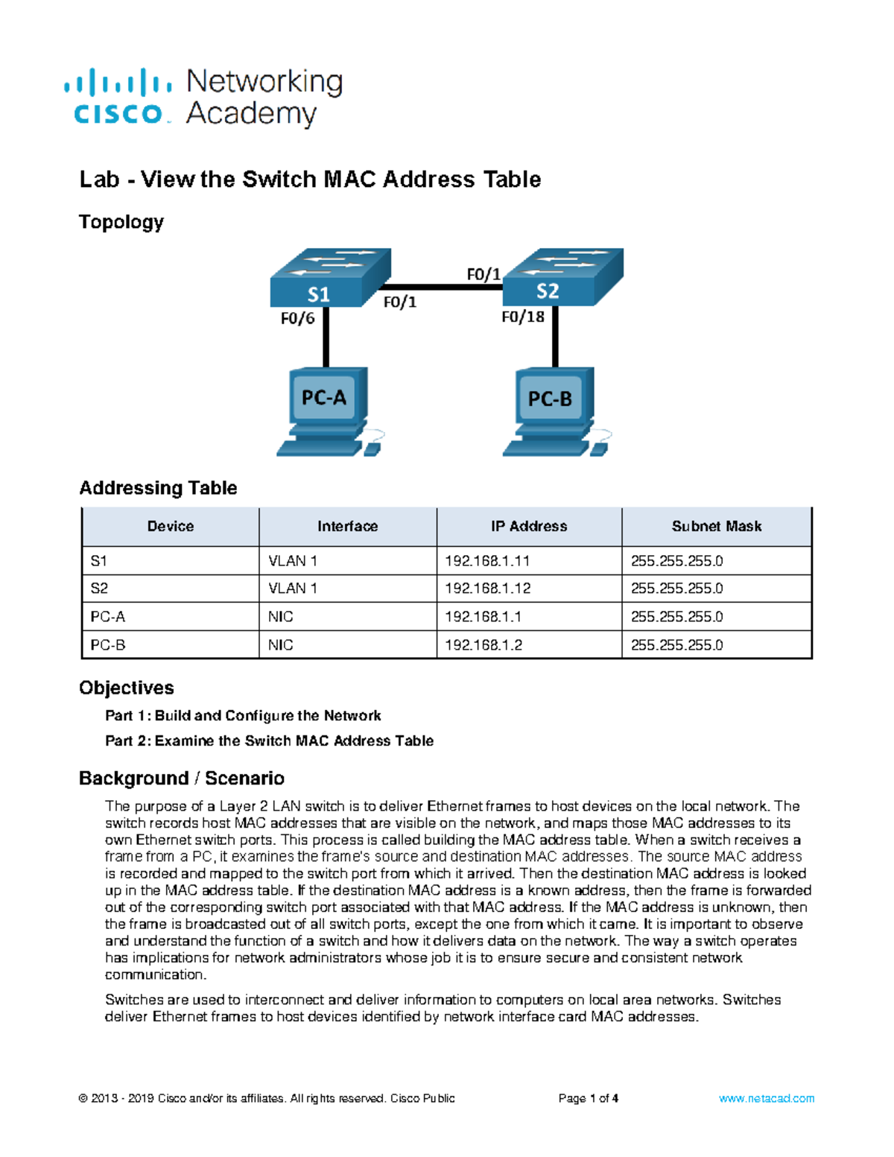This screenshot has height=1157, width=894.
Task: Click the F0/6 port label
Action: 297,319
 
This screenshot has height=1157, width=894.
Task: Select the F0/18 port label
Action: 522,317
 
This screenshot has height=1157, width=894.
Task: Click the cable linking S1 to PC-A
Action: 326,337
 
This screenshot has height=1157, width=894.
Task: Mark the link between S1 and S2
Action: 443,287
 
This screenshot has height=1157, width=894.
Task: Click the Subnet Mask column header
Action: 716,527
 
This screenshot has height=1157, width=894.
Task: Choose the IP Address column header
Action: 529,527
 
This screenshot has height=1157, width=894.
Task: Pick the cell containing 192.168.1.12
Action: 488,589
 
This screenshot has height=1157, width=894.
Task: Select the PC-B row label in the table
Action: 108,645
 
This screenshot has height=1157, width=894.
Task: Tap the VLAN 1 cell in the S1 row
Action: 293,561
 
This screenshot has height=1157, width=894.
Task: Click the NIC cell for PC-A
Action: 281,617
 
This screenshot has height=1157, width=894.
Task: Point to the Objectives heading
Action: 127,688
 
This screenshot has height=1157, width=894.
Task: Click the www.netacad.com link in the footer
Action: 766,1098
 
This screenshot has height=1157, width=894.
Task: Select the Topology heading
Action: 121,222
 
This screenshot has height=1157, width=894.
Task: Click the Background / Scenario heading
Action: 182,779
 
